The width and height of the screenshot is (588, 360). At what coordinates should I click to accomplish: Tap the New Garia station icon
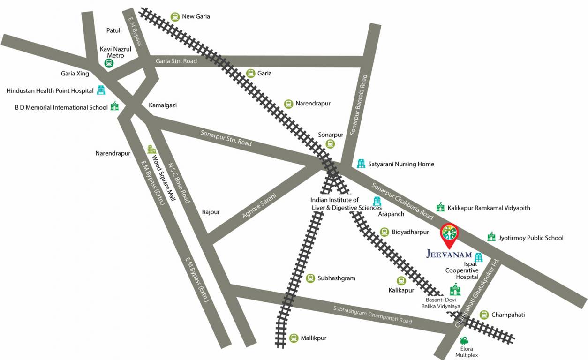pyautogui.click(x=175, y=16)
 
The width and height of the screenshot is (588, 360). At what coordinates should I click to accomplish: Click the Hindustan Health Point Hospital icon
pyautogui.click(x=101, y=90)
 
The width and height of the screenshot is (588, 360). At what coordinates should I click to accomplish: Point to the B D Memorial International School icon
pyautogui.click(x=114, y=106)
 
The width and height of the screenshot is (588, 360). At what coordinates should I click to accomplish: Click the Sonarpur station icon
pyautogui.click(x=331, y=144)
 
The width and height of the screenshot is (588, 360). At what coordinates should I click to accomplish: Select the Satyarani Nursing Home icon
pyautogui.click(x=361, y=164)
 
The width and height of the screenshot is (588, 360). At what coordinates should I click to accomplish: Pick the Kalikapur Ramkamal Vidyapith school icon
pyautogui.click(x=440, y=207)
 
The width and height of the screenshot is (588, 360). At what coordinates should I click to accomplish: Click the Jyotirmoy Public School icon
pyautogui.click(x=491, y=237)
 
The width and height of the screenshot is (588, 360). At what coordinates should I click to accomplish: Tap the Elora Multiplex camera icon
pyautogui.click(x=464, y=340)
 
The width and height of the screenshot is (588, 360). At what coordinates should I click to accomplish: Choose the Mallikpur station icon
pyautogui.click(x=294, y=338)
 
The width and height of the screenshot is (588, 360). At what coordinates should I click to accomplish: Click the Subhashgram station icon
pyautogui.click(x=310, y=278)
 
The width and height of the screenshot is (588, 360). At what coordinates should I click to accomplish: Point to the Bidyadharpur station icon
pyautogui.click(x=384, y=232)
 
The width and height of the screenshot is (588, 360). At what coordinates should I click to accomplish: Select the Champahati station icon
pyautogui.click(x=484, y=315)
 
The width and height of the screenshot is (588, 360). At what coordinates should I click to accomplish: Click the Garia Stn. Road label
pyautogui.click(x=176, y=61)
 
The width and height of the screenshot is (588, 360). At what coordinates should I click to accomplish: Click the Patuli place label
pyautogui.click(x=114, y=30)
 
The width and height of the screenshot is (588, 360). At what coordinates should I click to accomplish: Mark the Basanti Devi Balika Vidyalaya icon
pyautogui.click(x=455, y=289)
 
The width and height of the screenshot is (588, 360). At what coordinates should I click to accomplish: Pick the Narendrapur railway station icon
pyautogui.click(x=288, y=104)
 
